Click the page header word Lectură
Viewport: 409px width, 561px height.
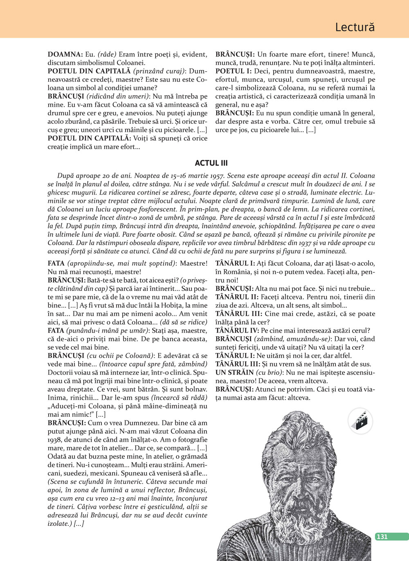click(x=355, y=27)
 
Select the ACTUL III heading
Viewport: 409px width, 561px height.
click(x=211, y=163)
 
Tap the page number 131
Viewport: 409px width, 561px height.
click(x=382, y=536)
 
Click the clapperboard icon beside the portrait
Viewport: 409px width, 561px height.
click(x=360, y=421)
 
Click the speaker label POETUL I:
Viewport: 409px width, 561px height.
click(x=233, y=71)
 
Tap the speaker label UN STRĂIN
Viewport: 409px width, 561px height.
click(x=234, y=373)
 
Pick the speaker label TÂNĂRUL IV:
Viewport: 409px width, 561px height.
click(x=237, y=331)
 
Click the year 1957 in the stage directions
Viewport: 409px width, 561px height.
click(x=216, y=176)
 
